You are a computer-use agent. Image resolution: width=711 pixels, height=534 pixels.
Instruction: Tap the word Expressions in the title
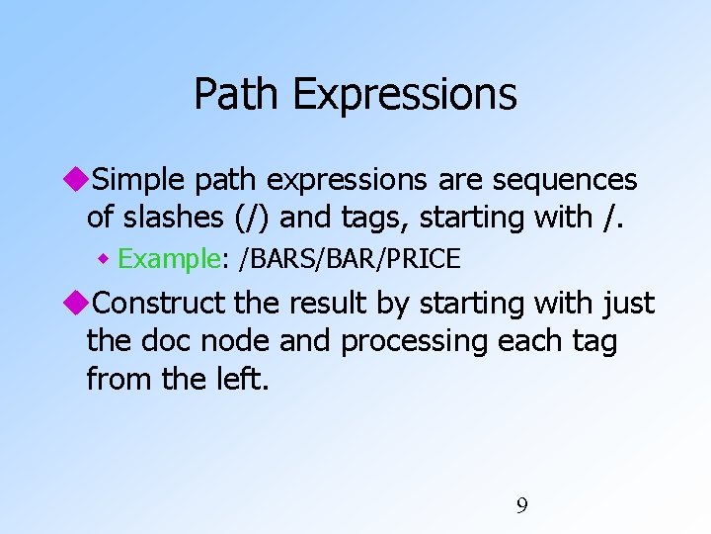tap(405, 95)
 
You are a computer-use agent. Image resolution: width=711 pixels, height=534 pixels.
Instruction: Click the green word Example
tap(167, 259)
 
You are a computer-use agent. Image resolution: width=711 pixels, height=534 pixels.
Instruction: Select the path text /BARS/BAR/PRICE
tap(351, 259)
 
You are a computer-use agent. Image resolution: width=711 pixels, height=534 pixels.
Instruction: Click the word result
tap(333, 304)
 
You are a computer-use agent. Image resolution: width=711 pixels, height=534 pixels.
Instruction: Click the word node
tap(236, 341)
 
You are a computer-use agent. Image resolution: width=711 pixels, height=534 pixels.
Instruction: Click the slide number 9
tap(522, 506)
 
